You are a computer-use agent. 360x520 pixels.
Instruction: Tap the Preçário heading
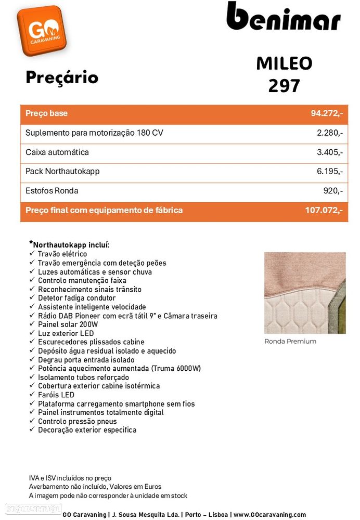coord(62,77)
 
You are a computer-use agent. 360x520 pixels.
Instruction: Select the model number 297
coord(284,85)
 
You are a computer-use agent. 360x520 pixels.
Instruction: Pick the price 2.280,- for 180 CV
coord(329,133)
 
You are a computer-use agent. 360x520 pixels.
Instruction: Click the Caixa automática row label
coord(57,152)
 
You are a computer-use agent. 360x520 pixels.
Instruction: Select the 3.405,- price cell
coord(329,152)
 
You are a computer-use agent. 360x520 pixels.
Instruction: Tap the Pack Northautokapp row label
coord(62,172)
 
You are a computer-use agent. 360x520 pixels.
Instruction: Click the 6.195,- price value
coord(329,172)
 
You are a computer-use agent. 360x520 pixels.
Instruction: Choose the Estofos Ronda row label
coord(52,191)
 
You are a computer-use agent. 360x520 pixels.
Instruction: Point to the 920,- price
coord(333,191)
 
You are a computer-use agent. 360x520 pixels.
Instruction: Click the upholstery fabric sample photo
coord(304,293)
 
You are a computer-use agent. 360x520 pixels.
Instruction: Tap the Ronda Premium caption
coord(290,342)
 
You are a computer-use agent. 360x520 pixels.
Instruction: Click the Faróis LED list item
coord(56,395)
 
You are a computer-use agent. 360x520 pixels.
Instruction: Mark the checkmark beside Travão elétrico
coord(32,254)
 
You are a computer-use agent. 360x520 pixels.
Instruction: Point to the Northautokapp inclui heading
coord(71,244)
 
